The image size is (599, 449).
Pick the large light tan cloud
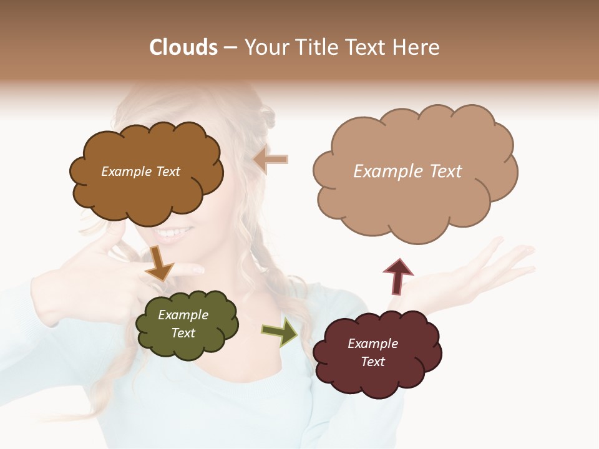(415, 200)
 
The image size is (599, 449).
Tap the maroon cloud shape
(377, 374)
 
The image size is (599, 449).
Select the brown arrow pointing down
(159, 263)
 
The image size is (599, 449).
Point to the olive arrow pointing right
(280, 332)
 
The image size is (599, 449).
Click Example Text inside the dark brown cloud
(140, 171)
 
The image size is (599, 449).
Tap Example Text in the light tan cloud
(407, 171)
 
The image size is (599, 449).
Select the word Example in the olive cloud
(183, 316)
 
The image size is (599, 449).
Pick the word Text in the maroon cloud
(373, 362)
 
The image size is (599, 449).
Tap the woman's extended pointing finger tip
(198, 269)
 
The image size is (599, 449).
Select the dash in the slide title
(230, 48)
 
